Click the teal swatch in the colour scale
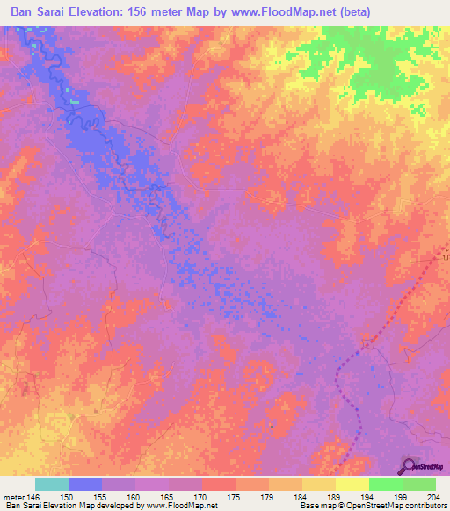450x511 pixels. pos(52,484)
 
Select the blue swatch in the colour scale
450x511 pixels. pos(85,484)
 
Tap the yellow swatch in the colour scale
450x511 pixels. pos(352,484)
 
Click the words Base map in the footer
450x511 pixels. pos(314,506)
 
